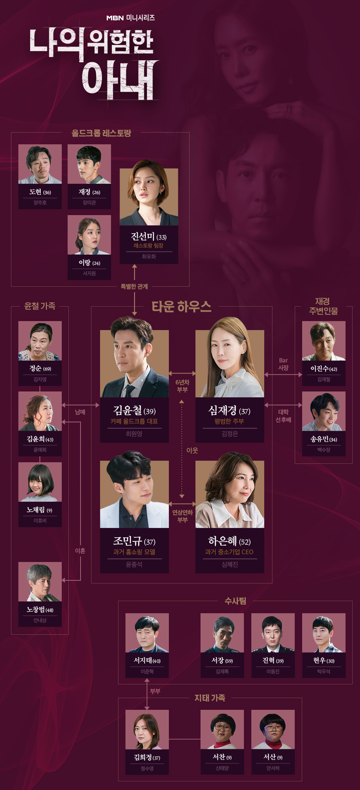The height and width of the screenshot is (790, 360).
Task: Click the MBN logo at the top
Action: (x=115, y=18)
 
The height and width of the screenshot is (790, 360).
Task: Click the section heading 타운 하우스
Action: (x=181, y=306)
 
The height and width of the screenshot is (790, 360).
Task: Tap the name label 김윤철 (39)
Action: (x=134, y=410)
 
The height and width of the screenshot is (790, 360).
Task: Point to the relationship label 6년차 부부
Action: (x=182, y=386)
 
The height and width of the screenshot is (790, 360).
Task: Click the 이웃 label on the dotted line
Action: (x=192, y=451)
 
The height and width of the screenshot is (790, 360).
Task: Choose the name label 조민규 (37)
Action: (x=134, y=541)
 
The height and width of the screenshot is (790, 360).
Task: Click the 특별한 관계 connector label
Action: (x=134, y=287)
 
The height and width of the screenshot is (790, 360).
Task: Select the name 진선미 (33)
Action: (x=149, y=237)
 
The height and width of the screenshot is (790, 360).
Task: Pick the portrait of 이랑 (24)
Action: (x=89, y=235)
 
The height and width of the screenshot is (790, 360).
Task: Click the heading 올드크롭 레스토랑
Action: (x=101, y=133)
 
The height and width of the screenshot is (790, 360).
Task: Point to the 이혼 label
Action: (x=80, y=551)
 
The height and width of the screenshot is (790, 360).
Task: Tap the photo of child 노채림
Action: (x=40, y=482)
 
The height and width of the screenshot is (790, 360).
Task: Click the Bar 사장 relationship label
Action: (x=283, y=364)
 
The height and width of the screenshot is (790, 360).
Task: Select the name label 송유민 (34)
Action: (x=324, y=439)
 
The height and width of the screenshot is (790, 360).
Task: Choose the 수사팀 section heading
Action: (x=235, y=601)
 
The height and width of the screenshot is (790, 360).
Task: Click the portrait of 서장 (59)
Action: (x=222, y=633)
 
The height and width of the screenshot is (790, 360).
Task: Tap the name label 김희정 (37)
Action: (x=147, y=758)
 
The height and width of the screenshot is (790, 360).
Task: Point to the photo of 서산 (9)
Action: (x=273, y=729)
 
